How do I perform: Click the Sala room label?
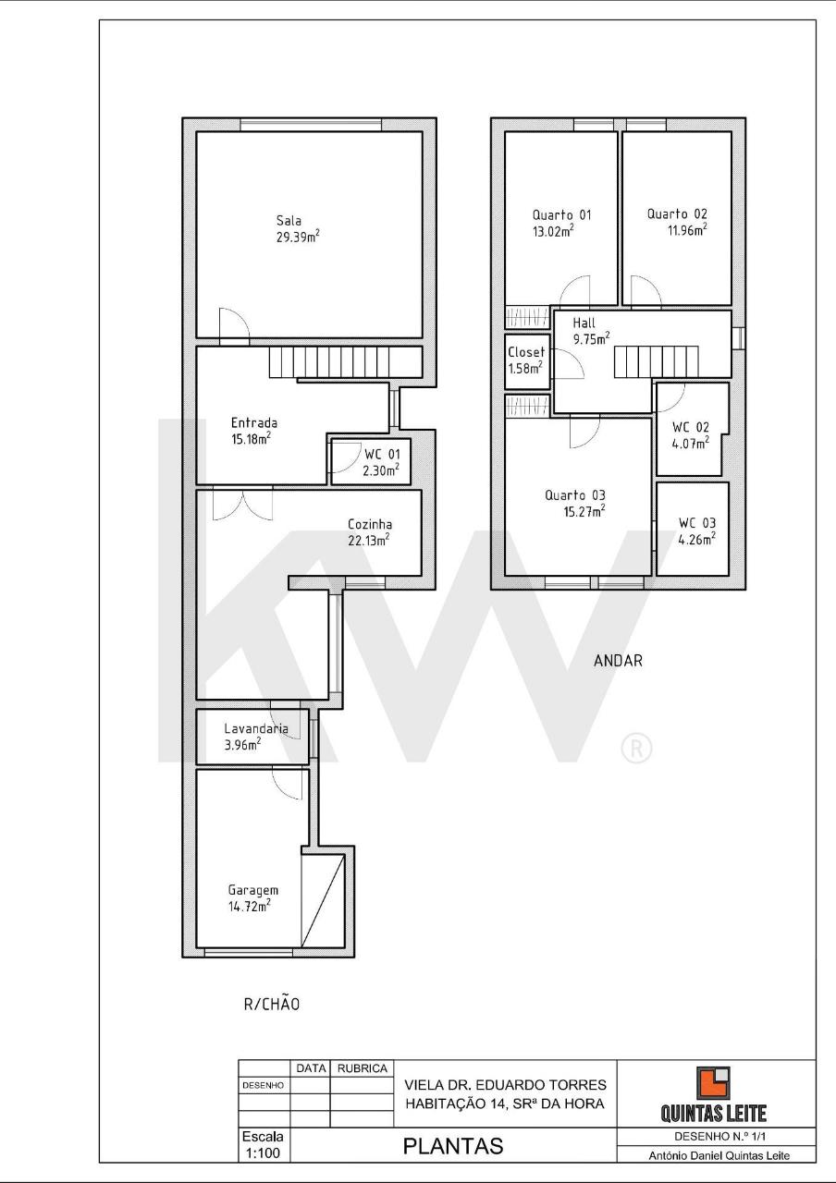point(289,220)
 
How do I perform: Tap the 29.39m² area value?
point(298,236)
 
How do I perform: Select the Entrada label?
point(254,422)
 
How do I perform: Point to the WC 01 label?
point(382,454)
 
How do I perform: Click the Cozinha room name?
point(370,524)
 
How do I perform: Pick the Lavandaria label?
point(256,729)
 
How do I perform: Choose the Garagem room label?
point(253,890)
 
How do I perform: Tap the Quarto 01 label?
point(561,215)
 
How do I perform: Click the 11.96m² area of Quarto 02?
point(687,230)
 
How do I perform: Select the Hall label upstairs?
point(584,323)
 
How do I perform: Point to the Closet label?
point(526,352)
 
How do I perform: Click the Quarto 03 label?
point(575,495)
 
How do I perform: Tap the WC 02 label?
point(690,427)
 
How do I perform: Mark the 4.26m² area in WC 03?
point(697,539)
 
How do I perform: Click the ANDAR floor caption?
point(618,661)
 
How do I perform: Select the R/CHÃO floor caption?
point(272,1004)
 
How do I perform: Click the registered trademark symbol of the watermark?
point(637,749)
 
